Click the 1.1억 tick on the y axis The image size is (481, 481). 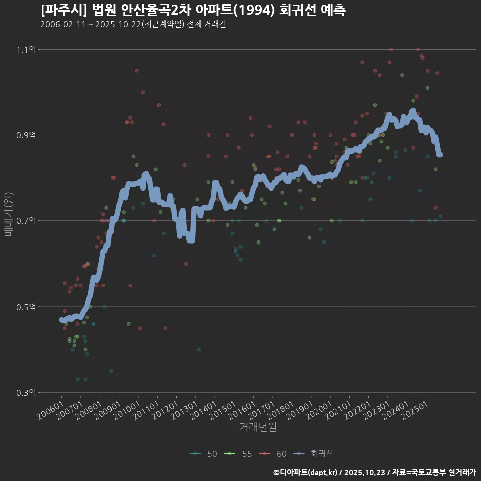pyautogui.click(x=26, y=50)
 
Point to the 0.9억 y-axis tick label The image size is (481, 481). pyautogui.click(x=26, y=135)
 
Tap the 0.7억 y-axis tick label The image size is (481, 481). pyautogui.click(x=26, y=221)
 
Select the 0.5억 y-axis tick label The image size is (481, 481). pyautogui.click(x=26, y=307)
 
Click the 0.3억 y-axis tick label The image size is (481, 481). pyautogui.click(x=26, y=392)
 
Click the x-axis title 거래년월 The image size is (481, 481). pyautogui.click(x=258, y=427)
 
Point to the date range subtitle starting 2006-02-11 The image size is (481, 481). pyautogui.click(x=133, y=24)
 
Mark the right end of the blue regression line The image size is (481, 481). pyautogui.click(x=440, y=155)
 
